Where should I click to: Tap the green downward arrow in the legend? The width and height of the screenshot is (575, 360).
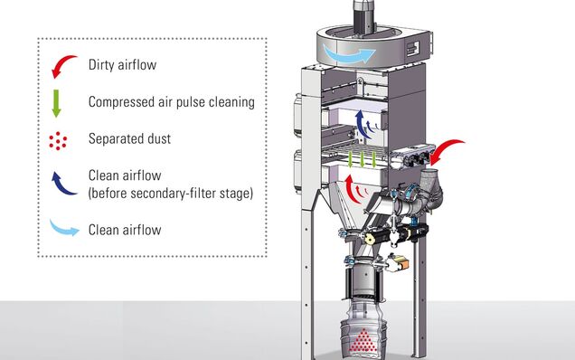pyautogui.click(x=56, y=103)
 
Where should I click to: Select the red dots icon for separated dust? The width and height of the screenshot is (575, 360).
pyautogui.click(x=58, y=140)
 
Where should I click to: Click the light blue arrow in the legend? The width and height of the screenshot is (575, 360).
pyautogui.click(x=63, y=228)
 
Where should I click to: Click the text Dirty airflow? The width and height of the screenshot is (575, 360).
pyautogui.click(x=122, y=65)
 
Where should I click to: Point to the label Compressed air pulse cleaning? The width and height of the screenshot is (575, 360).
pyautogui.click(x=172, y=102)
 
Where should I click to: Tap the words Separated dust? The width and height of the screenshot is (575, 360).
pyautogui.click(x=129, y=138)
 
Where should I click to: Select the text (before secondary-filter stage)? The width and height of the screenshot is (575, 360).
pyautogui.click(x=171, y=193)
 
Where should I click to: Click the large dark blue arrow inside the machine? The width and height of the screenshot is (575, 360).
pyautogui.click(x=363, y=124)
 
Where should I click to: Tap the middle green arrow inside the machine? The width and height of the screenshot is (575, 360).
pyautogui.click(x=363, y=158)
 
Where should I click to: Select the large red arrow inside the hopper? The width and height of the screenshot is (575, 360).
pyautogui.click(x=352, y=189)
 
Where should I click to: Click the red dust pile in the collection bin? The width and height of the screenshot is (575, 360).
pyautogui.click(x=363, y=341)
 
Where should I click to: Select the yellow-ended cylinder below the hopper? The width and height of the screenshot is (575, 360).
pyautogui.click(x=369, y=240)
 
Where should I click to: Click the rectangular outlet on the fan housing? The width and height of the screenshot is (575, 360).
pyautogui.click(x=413, y=49)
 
